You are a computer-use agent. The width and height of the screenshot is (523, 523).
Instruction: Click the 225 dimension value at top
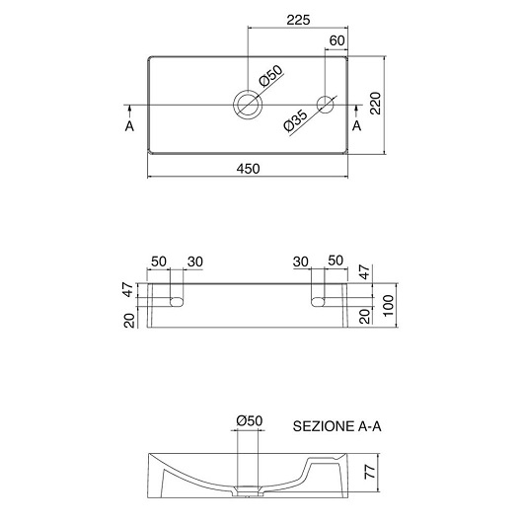tap(299, 20)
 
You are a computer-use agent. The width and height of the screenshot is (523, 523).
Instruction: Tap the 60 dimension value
tap(336, 40)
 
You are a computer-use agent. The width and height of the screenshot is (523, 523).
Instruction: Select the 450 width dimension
tap(248, 169)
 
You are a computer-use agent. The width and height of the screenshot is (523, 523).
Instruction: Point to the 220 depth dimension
tap(376, 103)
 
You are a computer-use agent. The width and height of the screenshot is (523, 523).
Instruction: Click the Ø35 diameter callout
tap(295, 120)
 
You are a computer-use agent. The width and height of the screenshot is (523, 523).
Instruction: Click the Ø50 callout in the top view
tap(270, 76)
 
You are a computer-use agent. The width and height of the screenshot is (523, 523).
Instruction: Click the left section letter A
tap(129, 126)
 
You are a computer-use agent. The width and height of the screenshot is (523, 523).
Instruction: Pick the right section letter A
tap(357, 126)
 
